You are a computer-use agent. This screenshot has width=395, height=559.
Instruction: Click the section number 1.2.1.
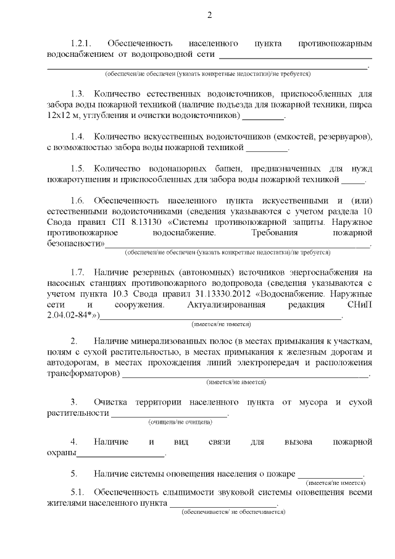[x=81, y=44]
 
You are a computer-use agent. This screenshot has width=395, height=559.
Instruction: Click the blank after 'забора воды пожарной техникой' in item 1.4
[x=267, y=148]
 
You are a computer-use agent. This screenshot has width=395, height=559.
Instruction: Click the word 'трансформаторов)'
[x=83, y=374]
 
